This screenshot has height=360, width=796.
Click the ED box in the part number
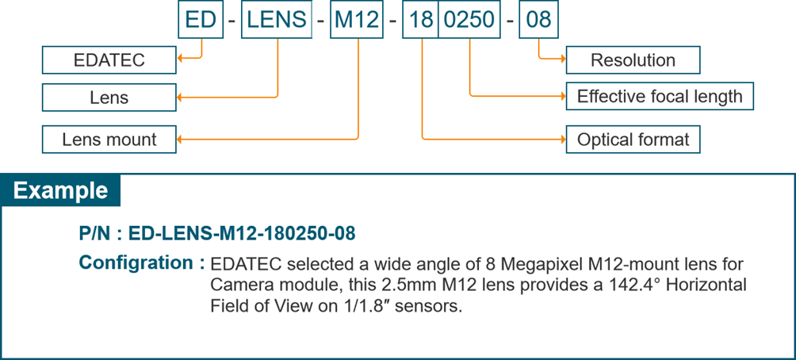(x=201, y=19)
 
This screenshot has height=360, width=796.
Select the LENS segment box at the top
(x=277, y=19)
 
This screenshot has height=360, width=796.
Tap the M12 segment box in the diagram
(x=357, y=19)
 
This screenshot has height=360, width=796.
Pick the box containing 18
(x=421, y=19)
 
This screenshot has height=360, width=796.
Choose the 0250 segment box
(x=469, y=19)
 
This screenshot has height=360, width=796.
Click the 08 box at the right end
(x=538, y=19)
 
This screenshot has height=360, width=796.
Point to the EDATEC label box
(x=109, y=60)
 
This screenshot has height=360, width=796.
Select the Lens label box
(x=109, y=98)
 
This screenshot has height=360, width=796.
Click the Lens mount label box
(x=109, y=140)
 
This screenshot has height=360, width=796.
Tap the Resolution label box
(x=633, y=60)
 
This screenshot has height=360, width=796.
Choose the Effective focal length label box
(x=659, y=97)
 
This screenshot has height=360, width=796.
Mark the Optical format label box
(x=633, y=140)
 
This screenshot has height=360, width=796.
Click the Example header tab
(x=61, y=191)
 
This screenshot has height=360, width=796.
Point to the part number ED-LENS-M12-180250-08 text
(x=240, y=234)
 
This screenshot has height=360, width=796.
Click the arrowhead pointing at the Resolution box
(x=563, y=58)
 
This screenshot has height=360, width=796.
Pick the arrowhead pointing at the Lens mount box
(x=180, y=140)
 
